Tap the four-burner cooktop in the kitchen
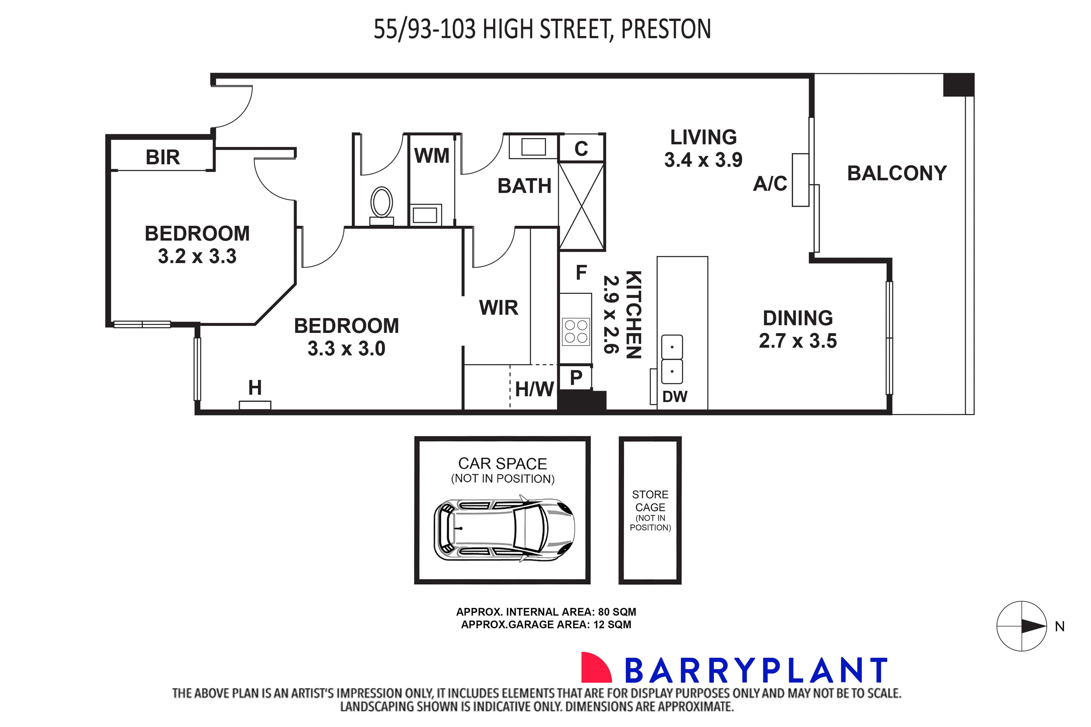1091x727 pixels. (x=576, y=332)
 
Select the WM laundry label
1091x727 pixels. (x=431, y=156)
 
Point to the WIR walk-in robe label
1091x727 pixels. (x=498, y=308)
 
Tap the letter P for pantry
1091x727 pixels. (x=576, y=378)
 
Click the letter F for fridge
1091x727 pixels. (x=581, y=273)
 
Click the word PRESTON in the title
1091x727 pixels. (x=666, y=29)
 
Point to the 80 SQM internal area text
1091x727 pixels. (x=617, y=612)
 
